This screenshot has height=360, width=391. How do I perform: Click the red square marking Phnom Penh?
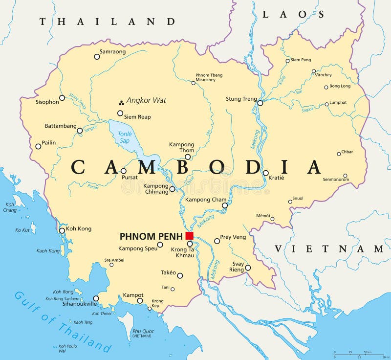(190, 236)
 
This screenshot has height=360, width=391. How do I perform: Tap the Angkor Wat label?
(146, 100)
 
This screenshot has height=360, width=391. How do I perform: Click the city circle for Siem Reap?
(120, 113)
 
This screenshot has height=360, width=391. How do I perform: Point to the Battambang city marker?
(80, 131)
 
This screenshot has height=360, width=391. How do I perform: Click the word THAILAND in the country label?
(108, 22)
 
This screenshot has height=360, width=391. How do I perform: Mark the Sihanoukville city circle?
(96, 298)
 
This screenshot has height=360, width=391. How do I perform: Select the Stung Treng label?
(241, 99)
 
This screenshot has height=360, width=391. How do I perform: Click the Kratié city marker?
(265, 173)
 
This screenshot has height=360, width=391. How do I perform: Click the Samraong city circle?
(97, 57)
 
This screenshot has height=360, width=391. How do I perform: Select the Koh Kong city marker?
(62, 230)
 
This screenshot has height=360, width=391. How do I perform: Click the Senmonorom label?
(336, 180)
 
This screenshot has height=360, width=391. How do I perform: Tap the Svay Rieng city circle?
(248, 268)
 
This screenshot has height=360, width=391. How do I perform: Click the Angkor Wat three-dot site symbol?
(120, 103)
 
